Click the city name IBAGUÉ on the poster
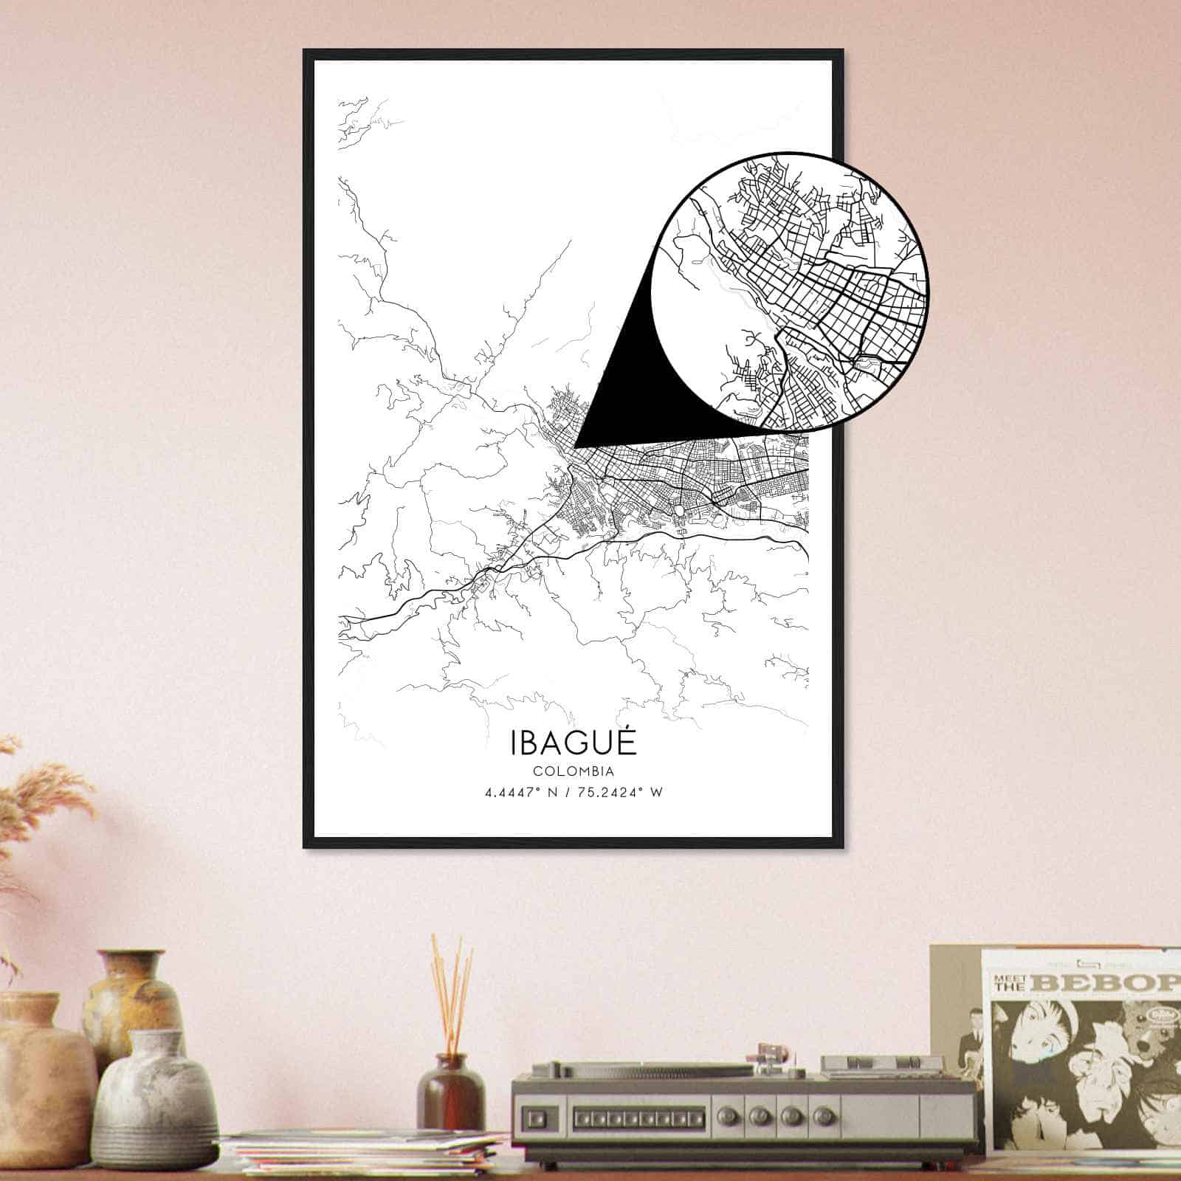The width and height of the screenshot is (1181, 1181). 572,743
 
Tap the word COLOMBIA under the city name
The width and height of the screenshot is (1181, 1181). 572,771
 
